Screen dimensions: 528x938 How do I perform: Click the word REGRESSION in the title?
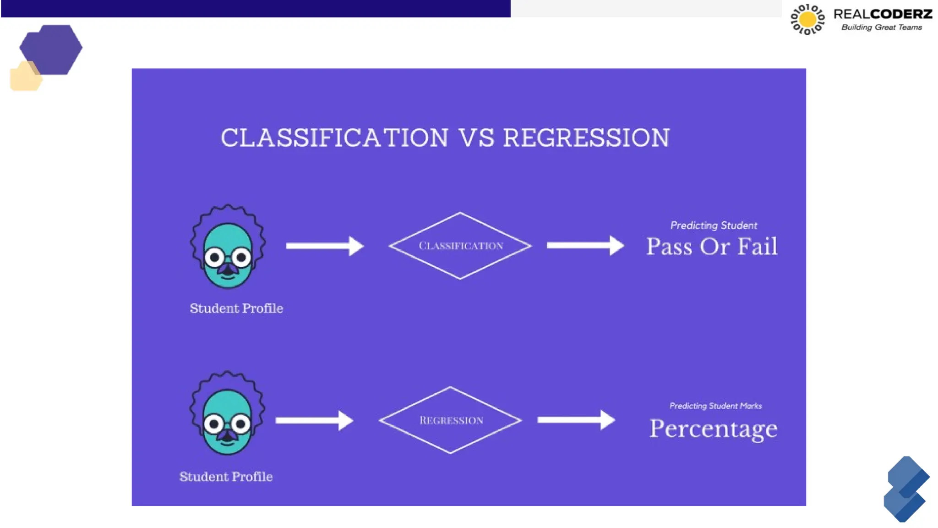pos(586,138)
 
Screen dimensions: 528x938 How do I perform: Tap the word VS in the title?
pos(476,138)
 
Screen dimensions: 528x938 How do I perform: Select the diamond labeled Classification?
pos(460,246)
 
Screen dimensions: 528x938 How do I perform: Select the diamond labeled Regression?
pos(451,420)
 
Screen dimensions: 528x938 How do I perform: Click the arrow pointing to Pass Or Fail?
pos(585,246)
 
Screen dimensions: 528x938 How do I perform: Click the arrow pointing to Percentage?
pos(576,420)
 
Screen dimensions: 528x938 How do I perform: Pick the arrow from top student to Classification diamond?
pos(324,246)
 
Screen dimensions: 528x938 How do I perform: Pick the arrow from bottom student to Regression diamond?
pos(314,420)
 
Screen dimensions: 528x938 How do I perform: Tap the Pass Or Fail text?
pos(712,247)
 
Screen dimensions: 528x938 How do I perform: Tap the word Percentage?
pos(713,429)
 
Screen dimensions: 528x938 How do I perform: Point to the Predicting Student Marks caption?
pos(715,406)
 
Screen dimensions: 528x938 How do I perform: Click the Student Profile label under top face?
pos(236,308)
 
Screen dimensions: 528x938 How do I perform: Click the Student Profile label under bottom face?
pos(226,477)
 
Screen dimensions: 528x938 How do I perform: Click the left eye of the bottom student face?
pos(213,423)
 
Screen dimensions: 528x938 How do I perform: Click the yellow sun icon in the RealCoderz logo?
pos(807,19)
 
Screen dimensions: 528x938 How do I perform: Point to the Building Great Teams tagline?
pos(881,27)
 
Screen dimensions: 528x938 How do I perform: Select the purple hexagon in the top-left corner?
pos(51,49)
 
